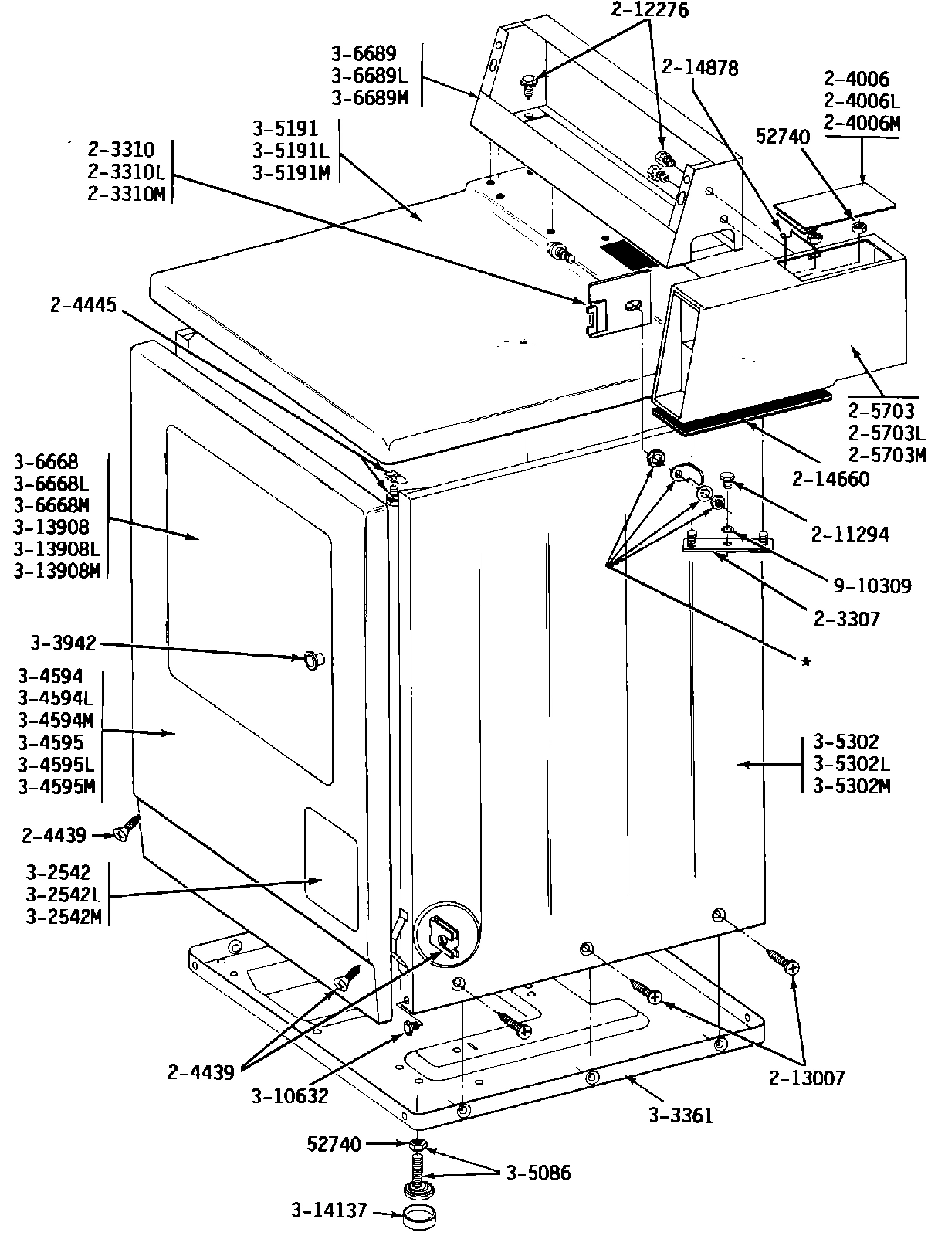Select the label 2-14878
point(699,68)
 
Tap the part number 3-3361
point(680,1115)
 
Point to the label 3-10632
point(290,1095)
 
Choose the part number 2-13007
point(807,1078)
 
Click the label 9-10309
point(872,586)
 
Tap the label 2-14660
point(831,479)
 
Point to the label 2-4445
point(83,305)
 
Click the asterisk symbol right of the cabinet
point(806,663)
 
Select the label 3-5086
point(539,1173)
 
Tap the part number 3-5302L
point(852,764)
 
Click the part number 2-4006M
point(862,123)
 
